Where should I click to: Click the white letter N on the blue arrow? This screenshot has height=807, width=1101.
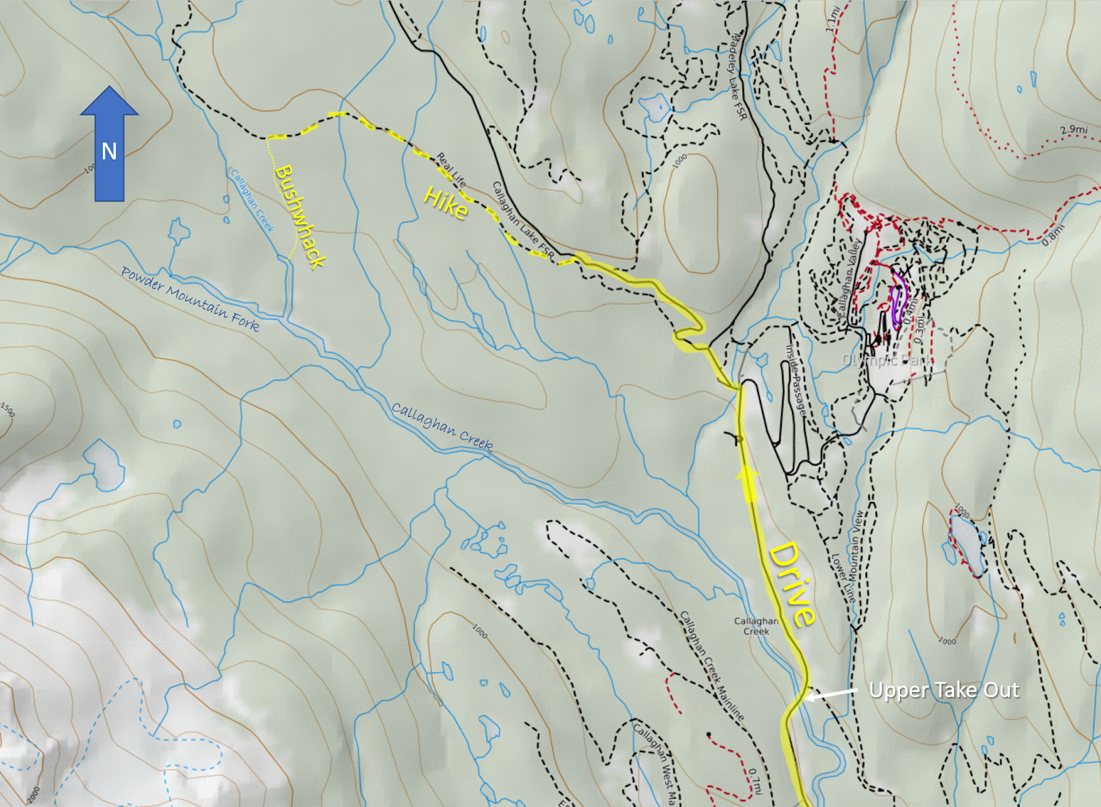click(x=109, y=151)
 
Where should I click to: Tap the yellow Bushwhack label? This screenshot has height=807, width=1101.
click(x=299, y=216)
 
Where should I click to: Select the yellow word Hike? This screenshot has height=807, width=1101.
click(x=446, y=203)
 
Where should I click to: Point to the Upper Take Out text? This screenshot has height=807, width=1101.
click(x=943, y=690)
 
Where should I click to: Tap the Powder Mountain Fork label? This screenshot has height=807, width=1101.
click(x=190, y=299)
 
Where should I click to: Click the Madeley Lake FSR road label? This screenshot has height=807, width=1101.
click(x=738, y=76)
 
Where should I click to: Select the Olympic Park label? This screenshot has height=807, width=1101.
click(x=886, y=360)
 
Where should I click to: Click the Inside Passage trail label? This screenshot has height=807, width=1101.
click(x=795, y=379)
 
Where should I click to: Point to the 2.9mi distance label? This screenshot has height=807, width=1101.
click(x=1073, y=130)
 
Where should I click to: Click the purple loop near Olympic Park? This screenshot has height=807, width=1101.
click(x=897, y=303)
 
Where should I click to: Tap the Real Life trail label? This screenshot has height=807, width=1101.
click(x=451, y=170)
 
